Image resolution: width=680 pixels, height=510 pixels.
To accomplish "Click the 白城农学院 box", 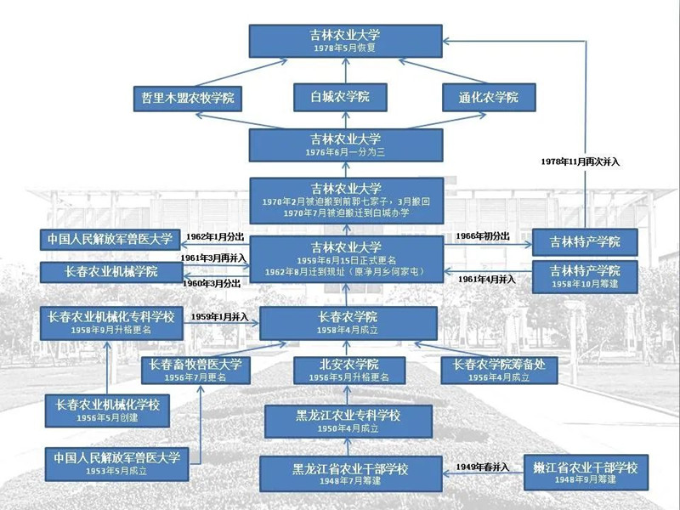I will click(340, 97).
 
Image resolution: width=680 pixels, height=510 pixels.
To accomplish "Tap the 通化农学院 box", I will click(492, 97).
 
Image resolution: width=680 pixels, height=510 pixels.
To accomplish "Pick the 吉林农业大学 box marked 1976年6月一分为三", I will click(345, 144).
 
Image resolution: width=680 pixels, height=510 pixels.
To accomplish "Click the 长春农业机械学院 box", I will click(111, 273).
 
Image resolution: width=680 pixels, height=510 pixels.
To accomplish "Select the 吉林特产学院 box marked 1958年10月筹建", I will click(585, 275).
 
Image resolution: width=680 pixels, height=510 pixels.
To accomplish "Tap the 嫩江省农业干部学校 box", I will click(585, 471).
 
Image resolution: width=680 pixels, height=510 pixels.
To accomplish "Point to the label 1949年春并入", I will click(483, 467).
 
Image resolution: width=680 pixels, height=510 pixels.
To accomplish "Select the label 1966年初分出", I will click(484, 235).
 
